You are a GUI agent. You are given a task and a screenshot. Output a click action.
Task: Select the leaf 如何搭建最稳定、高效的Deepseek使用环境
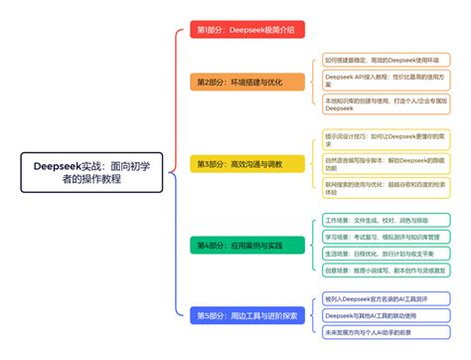[378, 60]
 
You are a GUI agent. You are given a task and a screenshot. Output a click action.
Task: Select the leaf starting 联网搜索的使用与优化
[378, 188]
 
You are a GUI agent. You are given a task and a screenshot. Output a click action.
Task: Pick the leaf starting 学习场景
[378, 237]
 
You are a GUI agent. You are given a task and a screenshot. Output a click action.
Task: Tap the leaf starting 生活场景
[378, 253]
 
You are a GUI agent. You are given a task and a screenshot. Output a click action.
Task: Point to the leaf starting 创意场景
[378, 269]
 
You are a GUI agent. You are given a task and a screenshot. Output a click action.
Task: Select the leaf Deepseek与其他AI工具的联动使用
[378, 315]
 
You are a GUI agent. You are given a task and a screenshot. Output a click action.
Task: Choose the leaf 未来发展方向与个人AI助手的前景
[378, 333]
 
